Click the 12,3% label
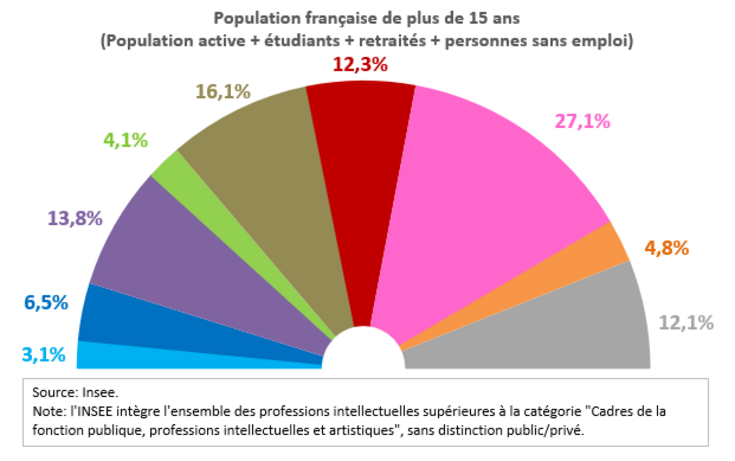tap(360, 65)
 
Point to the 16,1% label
tap(223, 92)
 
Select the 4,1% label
tap(126, 140)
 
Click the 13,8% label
tap(75, 218)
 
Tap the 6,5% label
tap(46, 303)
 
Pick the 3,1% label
tap(43, 355)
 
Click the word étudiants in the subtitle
tap(302, 41)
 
